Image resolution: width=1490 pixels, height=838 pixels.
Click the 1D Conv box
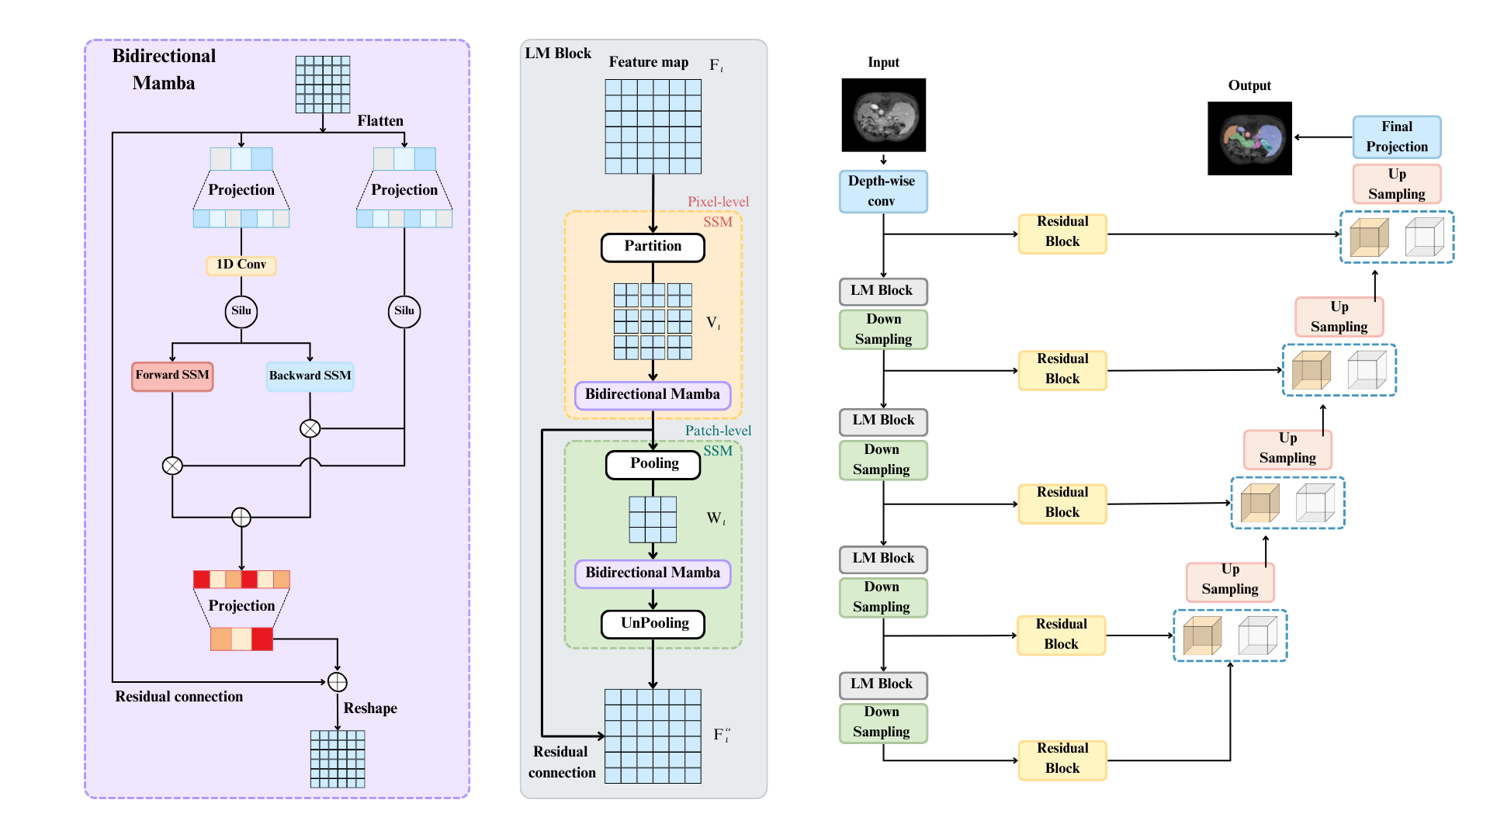pyautogui.click(x=241, y=265)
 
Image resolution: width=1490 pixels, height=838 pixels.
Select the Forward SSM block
pyautogui.click(x=172, y=376)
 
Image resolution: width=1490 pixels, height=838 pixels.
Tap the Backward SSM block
pyautogui.click(x=310, y=376)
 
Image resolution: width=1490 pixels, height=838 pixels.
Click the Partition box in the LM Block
pyautogui.click(x=653, y=247)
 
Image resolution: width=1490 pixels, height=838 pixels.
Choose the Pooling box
pyautogui.click(x=653, y=464)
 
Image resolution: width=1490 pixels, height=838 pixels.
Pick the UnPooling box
pyautogui.click(x=653, y=624)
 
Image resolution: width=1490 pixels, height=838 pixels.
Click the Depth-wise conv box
pyautogui.click(x=883, y=192)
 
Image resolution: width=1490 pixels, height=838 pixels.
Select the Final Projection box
pyautogui.click(x=1397, y=137)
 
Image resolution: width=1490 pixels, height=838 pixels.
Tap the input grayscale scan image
pyautogui.click(x=884, y=115)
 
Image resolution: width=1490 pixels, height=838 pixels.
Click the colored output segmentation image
pyautogui.click(x=1249, y=138)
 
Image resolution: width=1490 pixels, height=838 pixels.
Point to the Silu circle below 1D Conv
pyautogui.click(x=241, y=311)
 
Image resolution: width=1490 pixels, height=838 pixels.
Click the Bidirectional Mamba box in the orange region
pyautogui.click(x=653, y=395)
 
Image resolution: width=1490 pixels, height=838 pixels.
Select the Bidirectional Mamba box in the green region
pyautogui.click(x=653, y=573)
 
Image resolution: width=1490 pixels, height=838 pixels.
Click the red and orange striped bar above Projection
pyautogui.click(x=241, y=579)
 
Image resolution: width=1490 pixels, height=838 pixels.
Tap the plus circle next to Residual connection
pyautogui.click(x=337, y=682)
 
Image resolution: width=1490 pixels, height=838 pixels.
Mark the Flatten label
pyautogui.click(x=380, y=121)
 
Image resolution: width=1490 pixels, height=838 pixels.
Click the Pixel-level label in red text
pyautogui.click(x=719, y=202)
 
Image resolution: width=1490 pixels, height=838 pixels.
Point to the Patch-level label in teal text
pyautogui.click(x=718, y=431)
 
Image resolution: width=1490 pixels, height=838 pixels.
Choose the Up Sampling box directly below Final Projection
pyautogui.click(x=1397, y=184)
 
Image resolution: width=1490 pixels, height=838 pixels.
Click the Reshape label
pyautogui.click(x=370, y=708)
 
